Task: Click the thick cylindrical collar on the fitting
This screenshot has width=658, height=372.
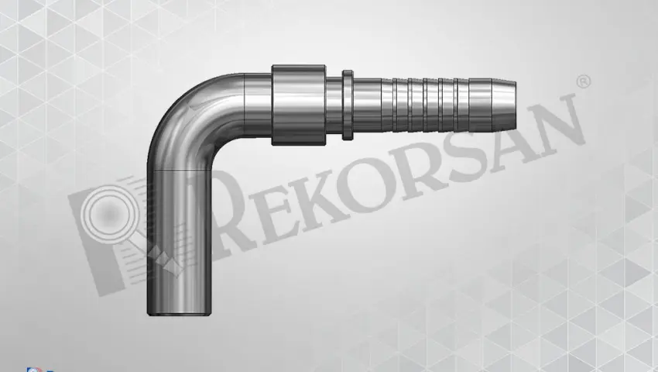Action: click(298, 105)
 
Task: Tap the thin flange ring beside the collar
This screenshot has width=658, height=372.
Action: click(348, 105)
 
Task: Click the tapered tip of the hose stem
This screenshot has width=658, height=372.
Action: click(504, 105)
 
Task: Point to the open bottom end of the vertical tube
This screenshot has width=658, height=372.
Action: click(179, 313)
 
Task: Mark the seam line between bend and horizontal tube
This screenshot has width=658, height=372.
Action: click(244, 105)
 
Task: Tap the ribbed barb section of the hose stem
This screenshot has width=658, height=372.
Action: click(437, 105)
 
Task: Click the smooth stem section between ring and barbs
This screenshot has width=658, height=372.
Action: click(367, 105)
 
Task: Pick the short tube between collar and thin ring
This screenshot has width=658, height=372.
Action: click(334, 105)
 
